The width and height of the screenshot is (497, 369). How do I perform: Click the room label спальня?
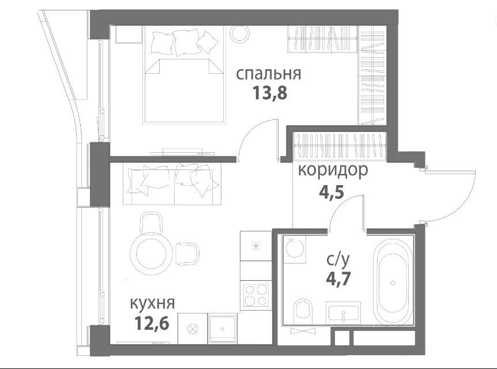[x=269, y=74]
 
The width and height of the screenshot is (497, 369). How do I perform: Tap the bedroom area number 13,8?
[x=270, y=93]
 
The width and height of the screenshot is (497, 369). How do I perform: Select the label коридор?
[x=333, y=170]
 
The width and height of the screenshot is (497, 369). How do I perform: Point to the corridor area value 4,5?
[x=331, y=192]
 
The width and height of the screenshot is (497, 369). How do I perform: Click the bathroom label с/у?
[x=338, y=259]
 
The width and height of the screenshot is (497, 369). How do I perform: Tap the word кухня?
[x=152, y=303]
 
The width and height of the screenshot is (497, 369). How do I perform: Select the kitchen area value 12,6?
[x=152, y=323]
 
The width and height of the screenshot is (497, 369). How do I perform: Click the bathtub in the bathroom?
[x=393, y=281]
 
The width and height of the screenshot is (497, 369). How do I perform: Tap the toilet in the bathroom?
[x=303, y=311]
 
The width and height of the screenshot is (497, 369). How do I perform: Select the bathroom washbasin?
[x=343, y=312]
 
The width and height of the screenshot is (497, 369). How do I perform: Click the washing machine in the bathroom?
[x=294, y=248]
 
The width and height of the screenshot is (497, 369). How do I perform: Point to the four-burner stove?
[x=256, y=295]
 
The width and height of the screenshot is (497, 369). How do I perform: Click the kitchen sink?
[x=223, y=329]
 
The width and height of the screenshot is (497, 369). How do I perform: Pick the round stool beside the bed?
[x=240, y=33]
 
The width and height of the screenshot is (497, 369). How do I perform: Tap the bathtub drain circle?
[x=393, y=283]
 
